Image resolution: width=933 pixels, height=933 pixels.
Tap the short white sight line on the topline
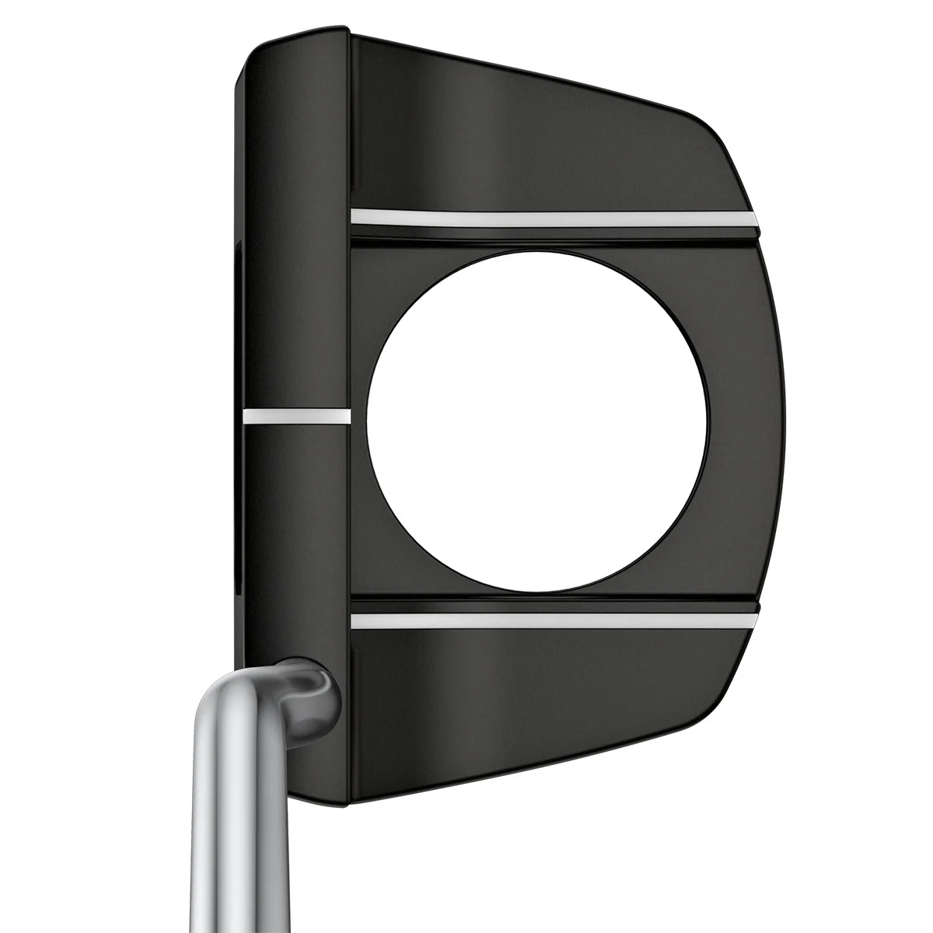[293, 416]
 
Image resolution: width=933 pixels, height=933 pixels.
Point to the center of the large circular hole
[537, 419]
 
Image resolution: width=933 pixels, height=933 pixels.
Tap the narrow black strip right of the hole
[746, 420]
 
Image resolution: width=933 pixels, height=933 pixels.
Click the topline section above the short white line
[295, 233]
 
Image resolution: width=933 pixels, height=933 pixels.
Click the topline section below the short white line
[295, 544]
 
